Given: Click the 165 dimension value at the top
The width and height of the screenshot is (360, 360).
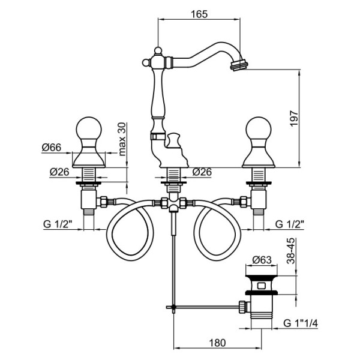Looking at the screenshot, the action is tap(199, 14).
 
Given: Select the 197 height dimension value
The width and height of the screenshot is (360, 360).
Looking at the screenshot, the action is tap(294, 118).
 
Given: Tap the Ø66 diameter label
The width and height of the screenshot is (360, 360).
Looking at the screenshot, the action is tap(52, 148).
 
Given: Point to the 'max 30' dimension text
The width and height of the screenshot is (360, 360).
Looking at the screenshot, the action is tap(122, 139).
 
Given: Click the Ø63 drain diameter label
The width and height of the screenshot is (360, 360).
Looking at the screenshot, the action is tap(262, 260).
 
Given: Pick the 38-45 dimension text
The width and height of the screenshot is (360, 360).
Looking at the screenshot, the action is tap(291, 251).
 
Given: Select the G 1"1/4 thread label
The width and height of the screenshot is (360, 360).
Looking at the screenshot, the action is tap(301, 323).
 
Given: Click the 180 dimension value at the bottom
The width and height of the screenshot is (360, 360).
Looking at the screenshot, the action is tap(217, 343).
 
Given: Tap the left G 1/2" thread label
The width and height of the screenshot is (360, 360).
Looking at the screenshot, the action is tap(58, 224).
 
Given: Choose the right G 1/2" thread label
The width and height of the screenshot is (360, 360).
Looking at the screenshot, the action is tap(290, 224).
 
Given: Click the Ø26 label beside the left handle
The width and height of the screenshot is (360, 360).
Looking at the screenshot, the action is tap(59, 172).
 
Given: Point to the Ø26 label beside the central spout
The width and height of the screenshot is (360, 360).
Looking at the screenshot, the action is tap(202, 172).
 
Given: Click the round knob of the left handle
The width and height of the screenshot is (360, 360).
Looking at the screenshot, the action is tap(89, 128).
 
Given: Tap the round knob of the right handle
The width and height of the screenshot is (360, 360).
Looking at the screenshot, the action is tap(259, 128).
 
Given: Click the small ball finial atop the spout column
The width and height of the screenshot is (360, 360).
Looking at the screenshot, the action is tap(158, 50).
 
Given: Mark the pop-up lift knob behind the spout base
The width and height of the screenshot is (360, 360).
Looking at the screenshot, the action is tap(174, 140).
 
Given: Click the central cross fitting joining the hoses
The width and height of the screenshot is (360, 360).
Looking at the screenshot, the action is tap(173, 203).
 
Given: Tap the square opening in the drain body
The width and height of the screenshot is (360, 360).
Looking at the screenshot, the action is tap(262, 286).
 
